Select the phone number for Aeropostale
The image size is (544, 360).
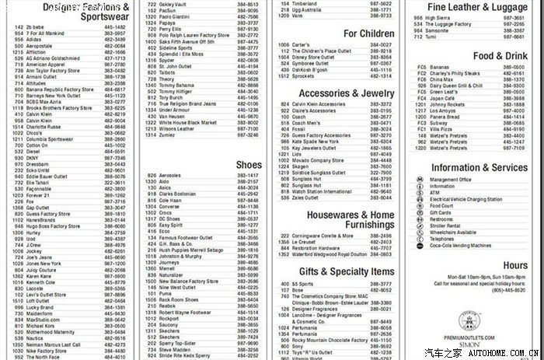click(x=114, y=45)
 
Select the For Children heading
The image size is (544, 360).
click(x=368, y=34)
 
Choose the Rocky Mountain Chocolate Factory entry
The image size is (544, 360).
click(x=330, y=339)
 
